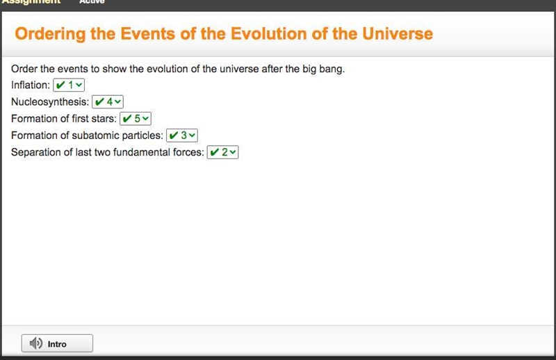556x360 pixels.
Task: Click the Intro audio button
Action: click(x=57, y=343)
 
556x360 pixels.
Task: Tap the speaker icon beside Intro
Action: click(x=36, y=343)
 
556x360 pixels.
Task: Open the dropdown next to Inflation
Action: click(x=69, y=85)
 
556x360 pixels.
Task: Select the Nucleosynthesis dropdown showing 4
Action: click(x=108, y=101)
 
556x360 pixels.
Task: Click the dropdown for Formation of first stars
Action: click(x=136, y=118)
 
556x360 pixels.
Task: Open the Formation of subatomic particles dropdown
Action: click(x=182, y=135)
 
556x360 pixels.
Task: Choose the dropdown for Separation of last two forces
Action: click(x=222, y=152)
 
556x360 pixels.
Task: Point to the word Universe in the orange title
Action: click(x=398, y=33)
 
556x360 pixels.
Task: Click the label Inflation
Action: click(x=31, y=85)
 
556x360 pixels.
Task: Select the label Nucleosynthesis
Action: click(x=50, y=102)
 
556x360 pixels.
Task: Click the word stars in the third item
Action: click(x=104, y=118)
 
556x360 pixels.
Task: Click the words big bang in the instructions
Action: click(x=323, y=69)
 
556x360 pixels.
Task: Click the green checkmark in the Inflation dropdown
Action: click(x=60, y=85)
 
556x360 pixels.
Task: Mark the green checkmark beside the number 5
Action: click(x=127, y=118)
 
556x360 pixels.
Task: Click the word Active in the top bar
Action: click(x=92, y=2)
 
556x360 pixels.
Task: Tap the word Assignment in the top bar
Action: click(x=31, y=2)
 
